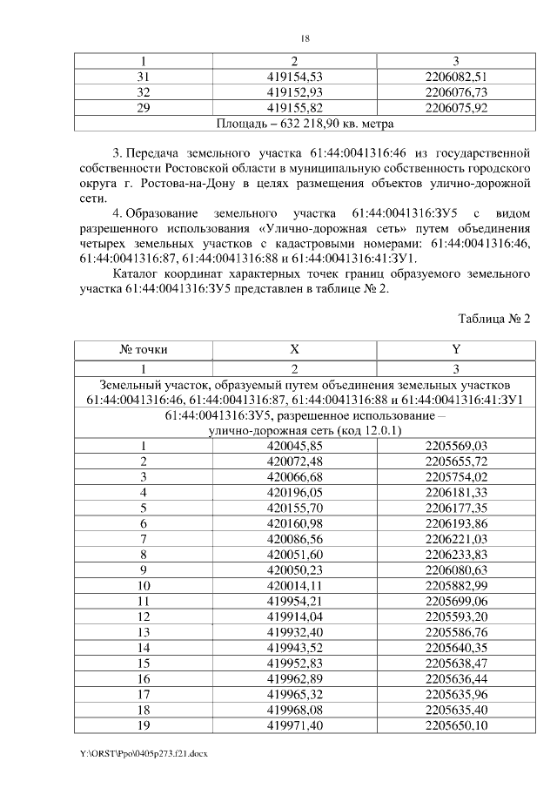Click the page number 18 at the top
(305, 39)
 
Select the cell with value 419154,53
(294, 77)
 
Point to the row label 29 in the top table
(144, 108)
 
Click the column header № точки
(144, 350)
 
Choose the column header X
(294, 350)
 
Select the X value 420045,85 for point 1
(294, 446)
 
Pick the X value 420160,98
(294, 523)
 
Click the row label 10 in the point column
(144, 586)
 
